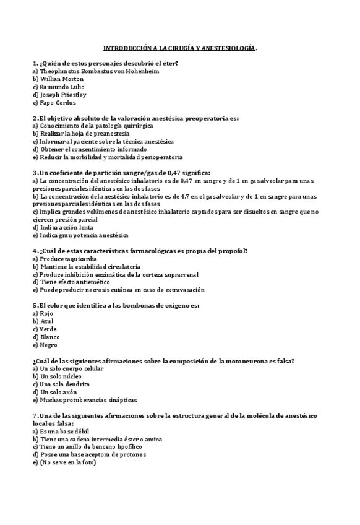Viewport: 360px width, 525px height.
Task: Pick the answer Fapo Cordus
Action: (x=58, y=103)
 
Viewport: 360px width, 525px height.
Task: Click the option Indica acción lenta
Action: (x=66, y=227)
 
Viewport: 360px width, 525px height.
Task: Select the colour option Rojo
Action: (x=46, y=314)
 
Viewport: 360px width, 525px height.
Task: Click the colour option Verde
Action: (x=48, y=329)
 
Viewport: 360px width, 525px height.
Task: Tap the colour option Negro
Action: (x=48, y=345)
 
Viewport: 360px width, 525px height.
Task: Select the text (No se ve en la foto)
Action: (x=67, y=462)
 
